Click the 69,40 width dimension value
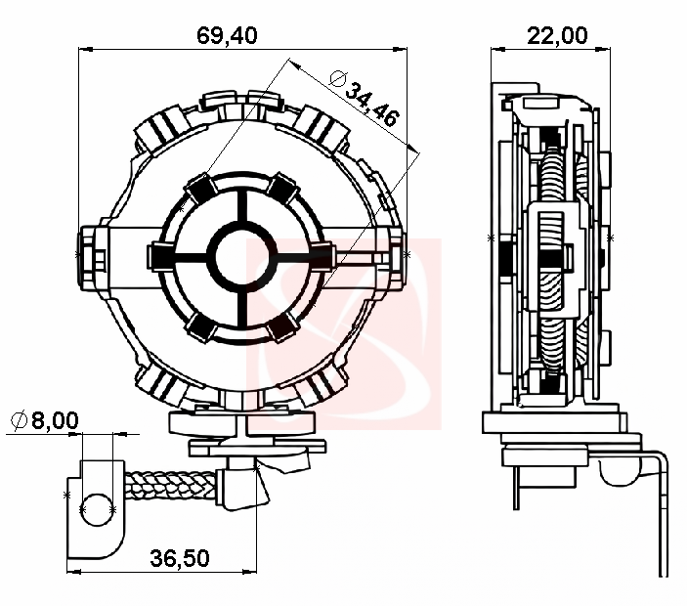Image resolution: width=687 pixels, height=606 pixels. (x=227, y=35)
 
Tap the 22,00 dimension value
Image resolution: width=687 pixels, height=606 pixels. (x=557, y=35)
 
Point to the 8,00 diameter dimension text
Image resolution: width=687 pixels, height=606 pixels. (x=55, y=420)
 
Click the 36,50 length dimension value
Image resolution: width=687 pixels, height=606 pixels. (x=180, y=558)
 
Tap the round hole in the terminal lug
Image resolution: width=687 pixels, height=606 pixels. (x=97, y=509)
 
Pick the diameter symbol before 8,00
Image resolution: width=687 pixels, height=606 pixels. (x=19, y=421)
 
